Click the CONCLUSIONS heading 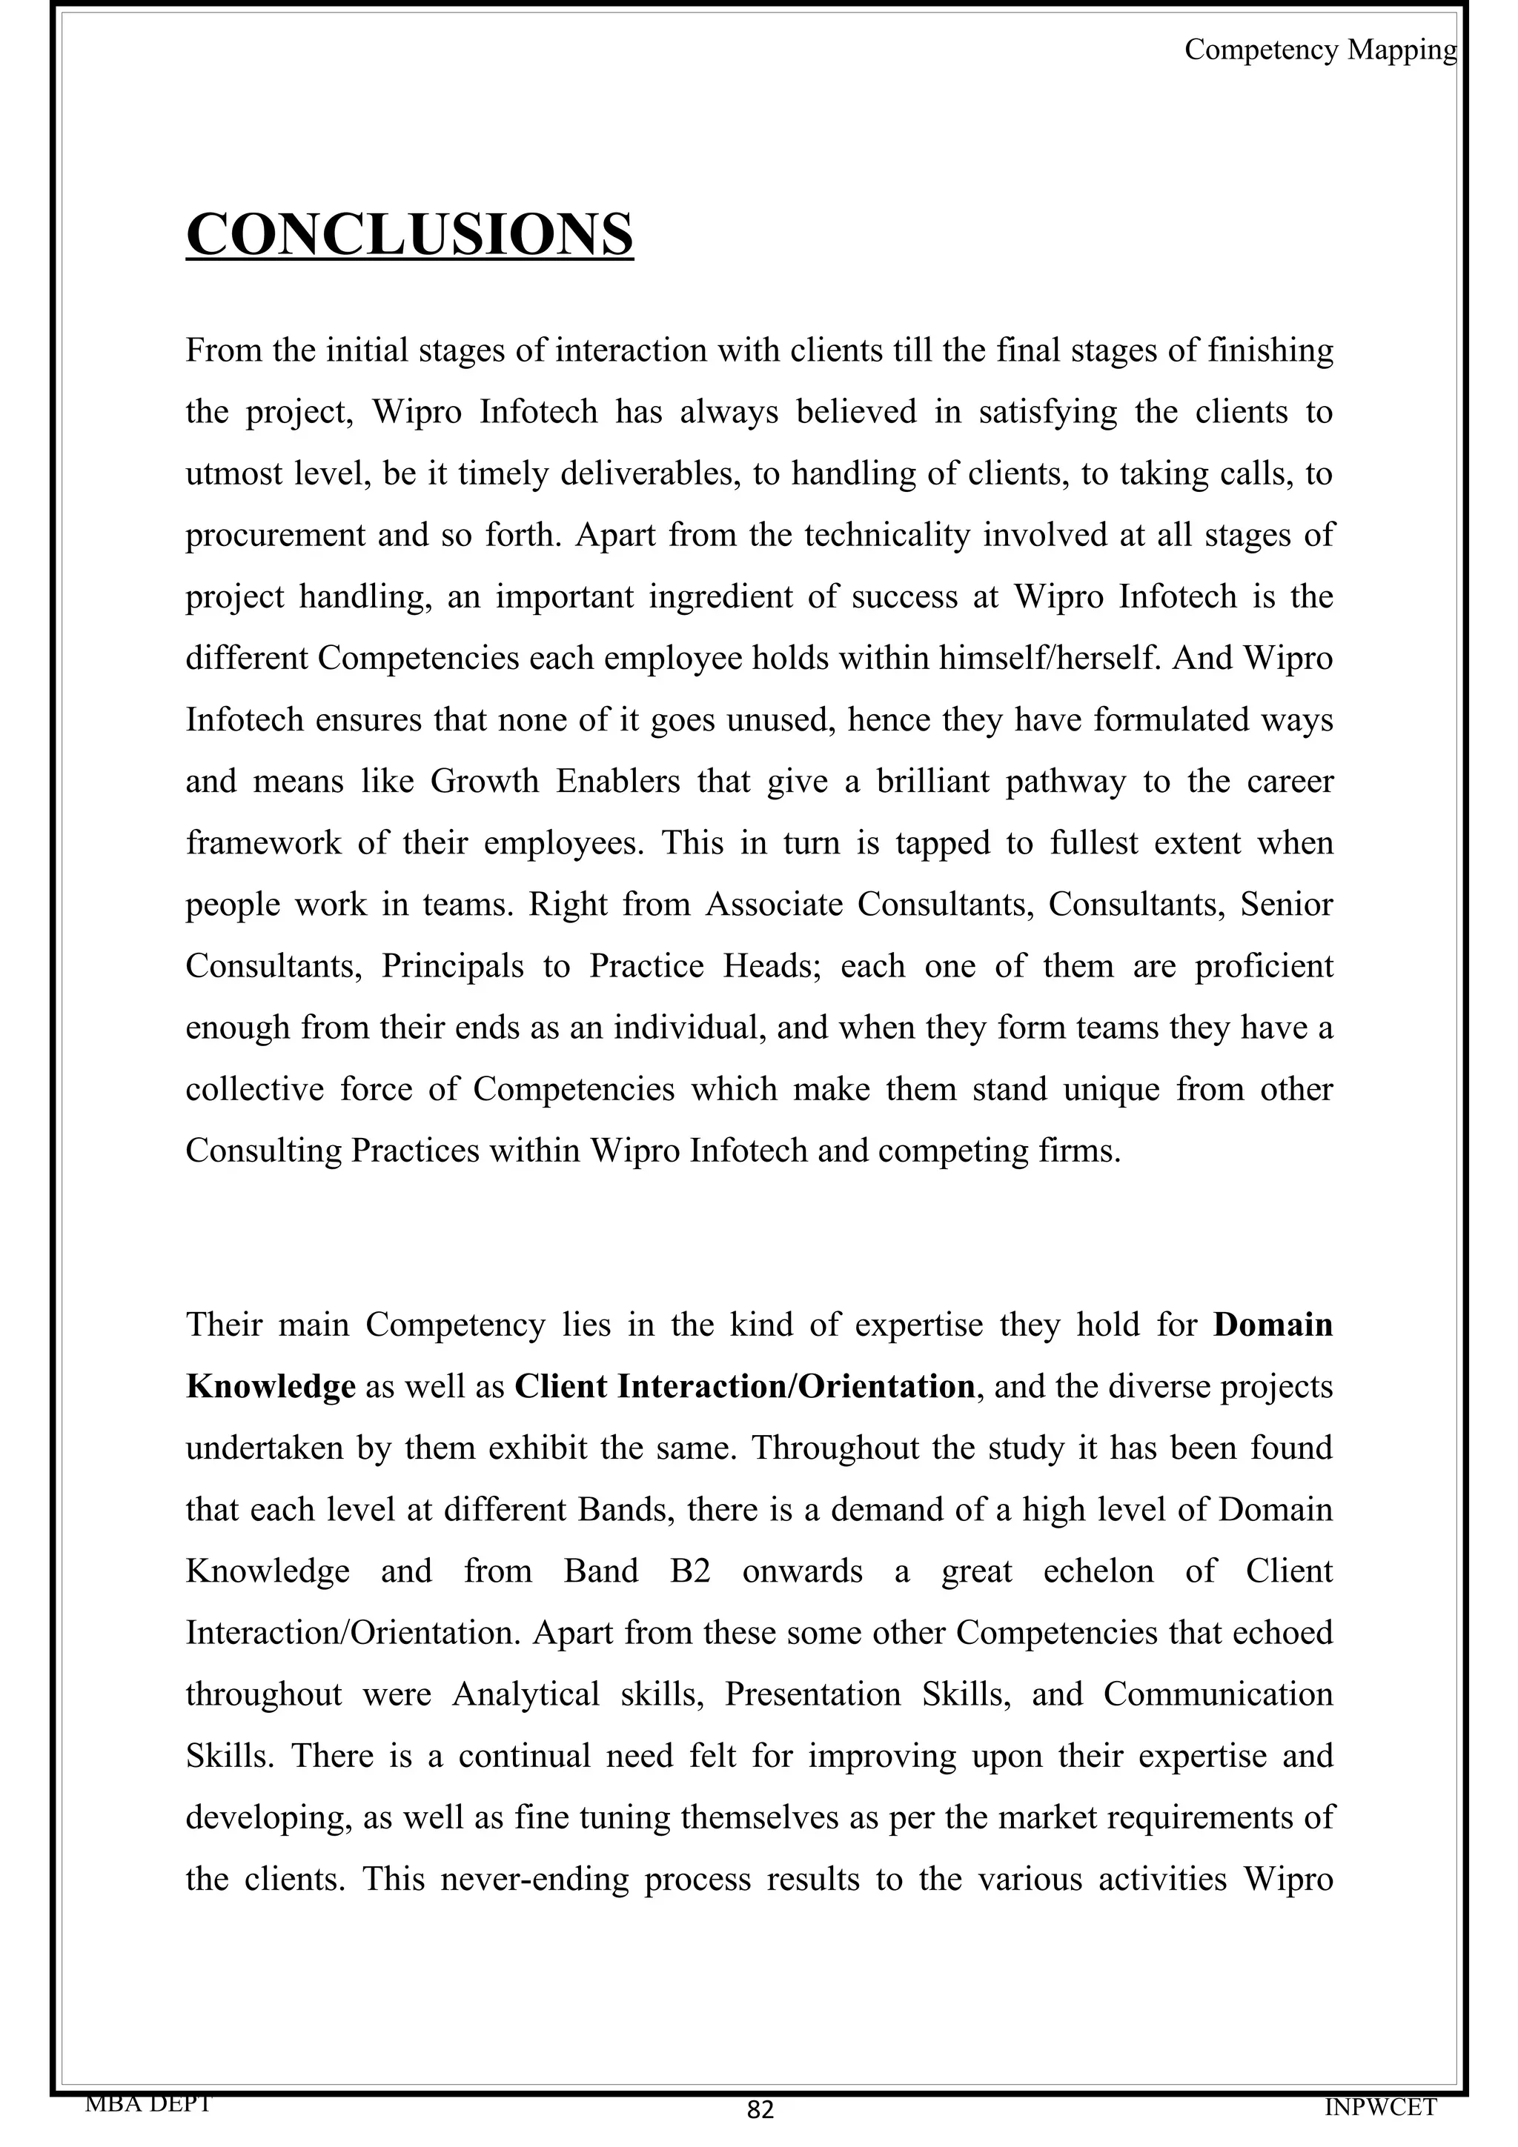tap(410, 234)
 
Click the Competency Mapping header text tap(1319, 50)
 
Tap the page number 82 tap(760, 2110)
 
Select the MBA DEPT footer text tap(148, 2103)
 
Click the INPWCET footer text tap(1379, 2108)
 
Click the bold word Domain tap(1272, 1325)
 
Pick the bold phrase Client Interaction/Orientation tap(744, 1386)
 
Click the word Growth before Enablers tap(485, 781)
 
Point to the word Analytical tap(526, 1694)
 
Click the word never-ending tap(534, 1877)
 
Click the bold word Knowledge tap(271, 1386)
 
